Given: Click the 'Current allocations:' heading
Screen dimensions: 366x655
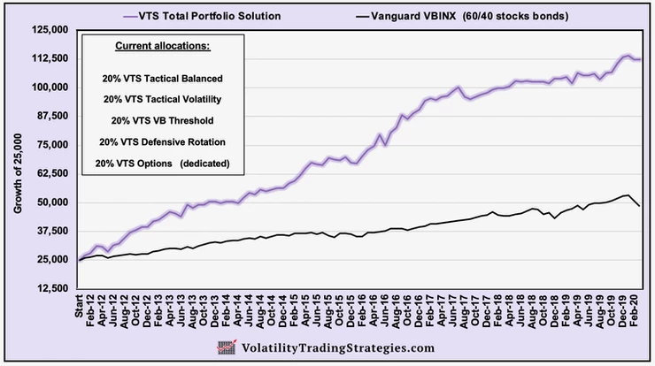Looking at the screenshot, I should pos(162,46).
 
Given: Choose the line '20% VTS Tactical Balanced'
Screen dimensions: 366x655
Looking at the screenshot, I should pos(161,78).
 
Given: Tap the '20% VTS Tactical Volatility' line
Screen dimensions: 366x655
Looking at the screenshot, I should pos(162,99).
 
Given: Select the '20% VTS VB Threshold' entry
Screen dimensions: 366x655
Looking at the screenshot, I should pos(162,120).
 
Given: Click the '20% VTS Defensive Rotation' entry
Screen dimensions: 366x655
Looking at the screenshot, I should pos(162,141).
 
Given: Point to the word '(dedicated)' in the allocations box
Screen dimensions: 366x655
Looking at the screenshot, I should pos(204,163).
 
